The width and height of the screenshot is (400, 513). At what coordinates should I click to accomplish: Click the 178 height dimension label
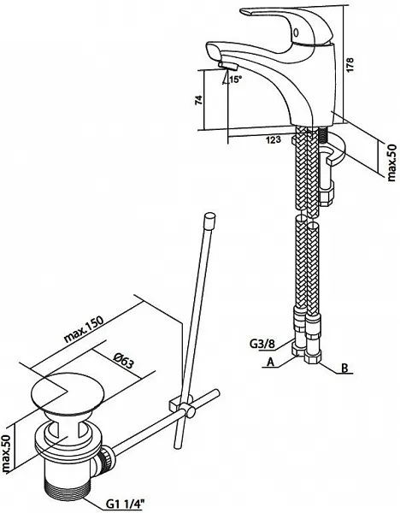click(x=350, y=65)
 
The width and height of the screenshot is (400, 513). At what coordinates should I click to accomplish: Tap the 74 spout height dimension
click(x=199, y=100)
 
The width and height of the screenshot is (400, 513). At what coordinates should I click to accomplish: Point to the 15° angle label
click(x=235, y=79)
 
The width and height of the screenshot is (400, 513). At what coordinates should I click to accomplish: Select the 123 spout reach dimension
click(x=274, y=140)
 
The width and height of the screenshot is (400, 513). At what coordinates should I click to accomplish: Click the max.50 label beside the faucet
click(x=391, y=162)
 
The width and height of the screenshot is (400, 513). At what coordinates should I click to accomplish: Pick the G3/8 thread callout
click(x=262, y=344)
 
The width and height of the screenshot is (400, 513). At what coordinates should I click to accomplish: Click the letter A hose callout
click(x=270, y=362)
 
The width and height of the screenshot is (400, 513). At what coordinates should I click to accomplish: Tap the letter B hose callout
click(x=344, y=368)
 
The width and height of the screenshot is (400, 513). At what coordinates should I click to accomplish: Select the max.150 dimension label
click(x=84, y=329)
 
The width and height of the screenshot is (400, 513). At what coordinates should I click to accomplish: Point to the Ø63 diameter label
click(x=124, y=360)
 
